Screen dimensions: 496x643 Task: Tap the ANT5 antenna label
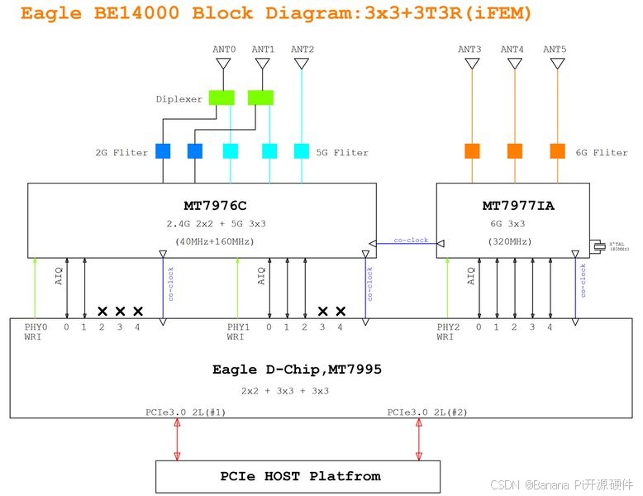[555, 50]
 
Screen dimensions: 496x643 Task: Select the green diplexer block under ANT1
[260, 98]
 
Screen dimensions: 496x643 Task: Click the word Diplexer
[179, 99]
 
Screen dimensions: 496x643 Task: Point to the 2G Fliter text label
[121, 152]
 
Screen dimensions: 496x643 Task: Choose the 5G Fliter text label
[342, 152]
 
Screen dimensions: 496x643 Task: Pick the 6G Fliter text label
[602, 152]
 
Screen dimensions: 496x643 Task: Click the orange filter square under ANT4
[514, 151]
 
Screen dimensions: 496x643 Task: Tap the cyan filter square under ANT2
[302, 151]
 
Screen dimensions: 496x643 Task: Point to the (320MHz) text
[513, 241]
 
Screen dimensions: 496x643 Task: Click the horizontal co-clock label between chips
[411, 241]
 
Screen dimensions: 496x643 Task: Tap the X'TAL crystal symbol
[596, 245]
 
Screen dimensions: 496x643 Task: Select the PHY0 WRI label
[36, 331]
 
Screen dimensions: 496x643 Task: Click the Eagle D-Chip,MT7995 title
[297, 370]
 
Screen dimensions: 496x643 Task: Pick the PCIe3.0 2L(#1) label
[184, 411]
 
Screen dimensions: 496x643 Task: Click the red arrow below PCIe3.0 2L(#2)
[418, 439]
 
